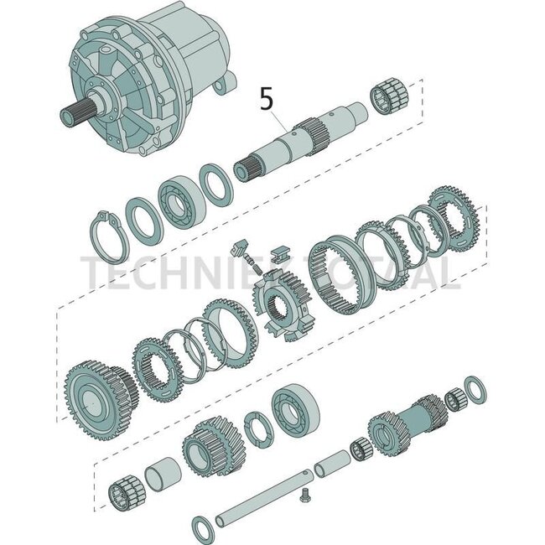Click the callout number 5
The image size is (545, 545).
click(x=267, y=100)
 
